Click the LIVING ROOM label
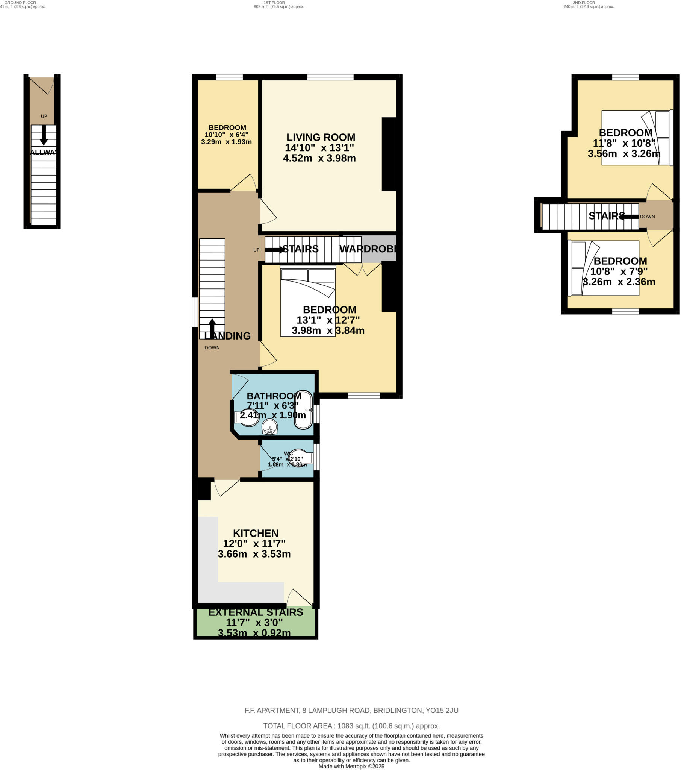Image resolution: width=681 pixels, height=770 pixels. click(x=321, y=138)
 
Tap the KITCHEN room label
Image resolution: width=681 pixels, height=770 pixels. click(x=256, y=533)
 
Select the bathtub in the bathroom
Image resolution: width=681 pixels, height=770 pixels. click(x=303, y=410)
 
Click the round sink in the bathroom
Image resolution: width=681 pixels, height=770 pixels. click(x=270, y=427)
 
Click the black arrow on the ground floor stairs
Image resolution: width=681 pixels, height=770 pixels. click(x=44, y=135)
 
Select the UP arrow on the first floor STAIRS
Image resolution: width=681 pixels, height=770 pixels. click(x=275, y=249)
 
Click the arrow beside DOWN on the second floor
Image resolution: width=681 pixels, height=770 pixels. click(x=628, y=217)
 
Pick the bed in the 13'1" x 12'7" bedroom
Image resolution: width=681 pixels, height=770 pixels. click(x=308, y=302)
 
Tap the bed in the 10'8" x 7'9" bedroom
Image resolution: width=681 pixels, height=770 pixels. click(x=604, y=268)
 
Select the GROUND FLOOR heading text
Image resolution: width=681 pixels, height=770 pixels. click(x=20, y=2)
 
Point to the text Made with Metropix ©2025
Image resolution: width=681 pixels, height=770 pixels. click(x=351, y=766)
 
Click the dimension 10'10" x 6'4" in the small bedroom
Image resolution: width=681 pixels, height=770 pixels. click(x=226, y=135)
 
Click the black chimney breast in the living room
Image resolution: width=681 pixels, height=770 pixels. click(x=389, y=155)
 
